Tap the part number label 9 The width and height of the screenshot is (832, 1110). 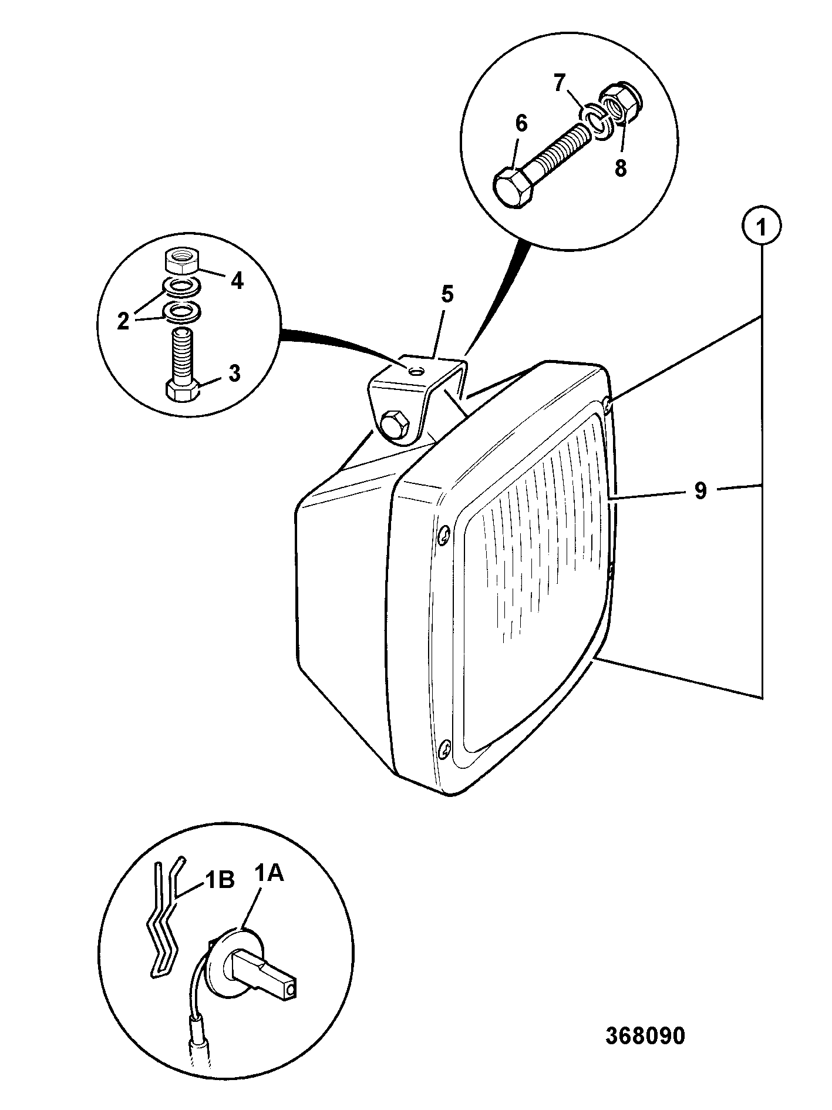point(700,491)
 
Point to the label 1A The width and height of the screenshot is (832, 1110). point(269,874)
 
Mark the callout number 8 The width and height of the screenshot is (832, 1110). point(620,169)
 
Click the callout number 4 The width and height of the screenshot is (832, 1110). point(237,281)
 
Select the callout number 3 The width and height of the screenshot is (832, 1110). point(234,374)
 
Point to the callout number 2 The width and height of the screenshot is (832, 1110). point(123,321)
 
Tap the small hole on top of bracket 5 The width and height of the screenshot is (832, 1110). point(416,371)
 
